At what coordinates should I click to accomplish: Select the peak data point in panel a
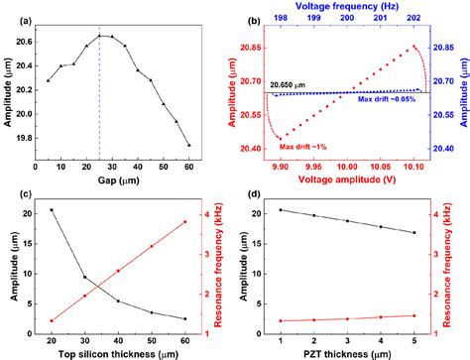point(99,36)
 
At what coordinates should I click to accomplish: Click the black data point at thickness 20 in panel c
point(52,209)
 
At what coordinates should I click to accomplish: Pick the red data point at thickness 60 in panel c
point(185,221)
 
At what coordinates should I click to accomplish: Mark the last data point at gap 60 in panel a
point(188,145)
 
